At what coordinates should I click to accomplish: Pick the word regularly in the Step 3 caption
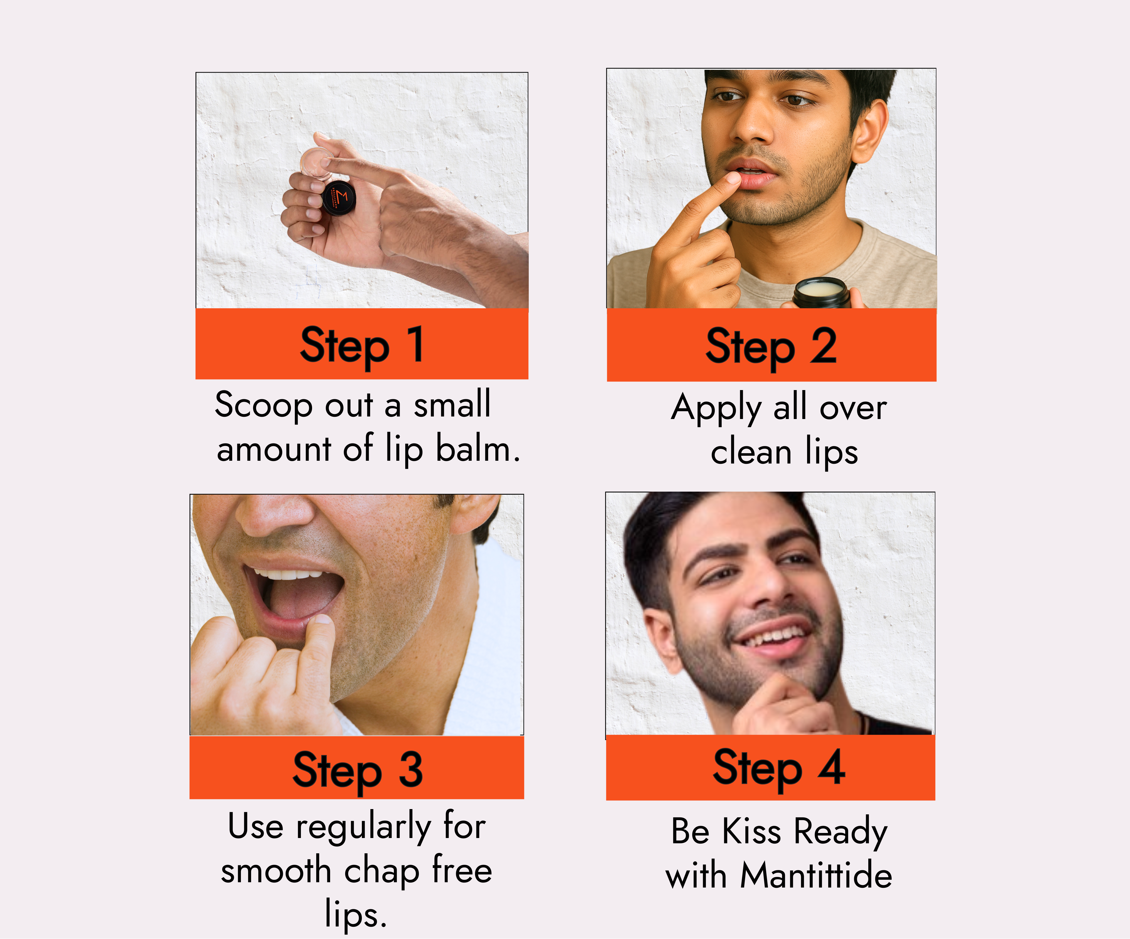pyautogui.click(x=363, y=827)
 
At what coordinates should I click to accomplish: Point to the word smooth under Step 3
pyautogui.click(x=276, y=871)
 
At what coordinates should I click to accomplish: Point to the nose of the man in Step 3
pyautogui.click(x=275, y=514)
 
